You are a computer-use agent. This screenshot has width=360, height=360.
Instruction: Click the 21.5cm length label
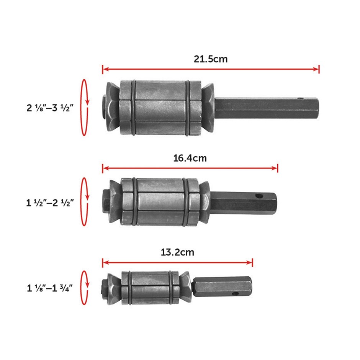point(211,59)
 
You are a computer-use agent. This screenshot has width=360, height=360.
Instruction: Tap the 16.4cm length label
point(190,159)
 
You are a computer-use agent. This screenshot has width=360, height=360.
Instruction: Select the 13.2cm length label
point(177,252)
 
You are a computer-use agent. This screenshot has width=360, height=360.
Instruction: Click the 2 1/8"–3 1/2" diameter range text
point(50,108)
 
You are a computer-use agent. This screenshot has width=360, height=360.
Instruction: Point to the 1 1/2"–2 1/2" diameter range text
point(50,203)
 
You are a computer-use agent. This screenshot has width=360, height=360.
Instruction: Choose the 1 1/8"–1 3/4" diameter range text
point(50,288)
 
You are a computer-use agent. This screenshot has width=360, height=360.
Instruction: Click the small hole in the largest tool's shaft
point(301,98)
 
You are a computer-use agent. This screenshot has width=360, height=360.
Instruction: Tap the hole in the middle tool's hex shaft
point(259,196)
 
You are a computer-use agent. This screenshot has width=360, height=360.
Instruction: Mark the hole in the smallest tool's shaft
point(235,294)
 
